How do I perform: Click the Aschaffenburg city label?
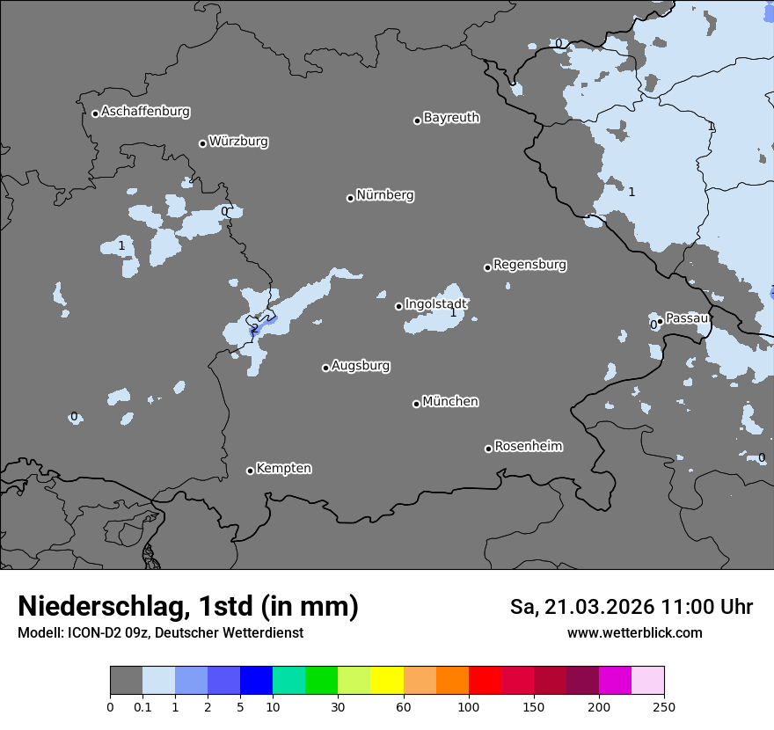[145, 112]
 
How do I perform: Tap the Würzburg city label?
[238, 142]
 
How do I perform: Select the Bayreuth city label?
[451, 118]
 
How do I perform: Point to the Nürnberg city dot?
[350, 198]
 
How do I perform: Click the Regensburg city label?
[529, 265]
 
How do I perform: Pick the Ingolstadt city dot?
[398, 306]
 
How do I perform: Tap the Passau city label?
[687, 318]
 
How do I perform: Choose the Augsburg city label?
[361, 366]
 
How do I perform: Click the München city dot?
[416, 404]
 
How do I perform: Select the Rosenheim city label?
[528, 447]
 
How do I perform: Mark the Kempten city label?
[283, 469]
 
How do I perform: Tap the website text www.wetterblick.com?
[634, 633]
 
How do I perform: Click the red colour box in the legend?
[485, 681]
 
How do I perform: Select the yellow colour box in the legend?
[387, 681]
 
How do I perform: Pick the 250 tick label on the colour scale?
[664, 706]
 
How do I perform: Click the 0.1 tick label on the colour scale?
[142, 706]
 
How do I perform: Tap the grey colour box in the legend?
[126, 681]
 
